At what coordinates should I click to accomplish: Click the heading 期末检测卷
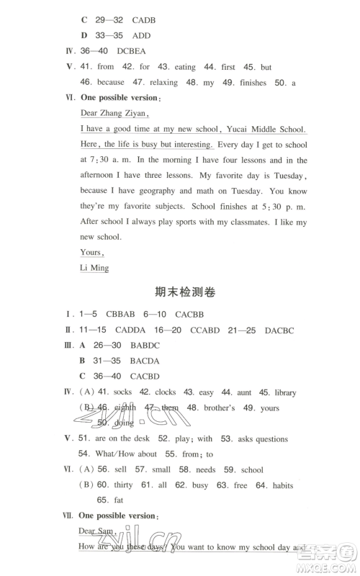185,292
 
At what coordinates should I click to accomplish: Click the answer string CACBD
145,377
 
